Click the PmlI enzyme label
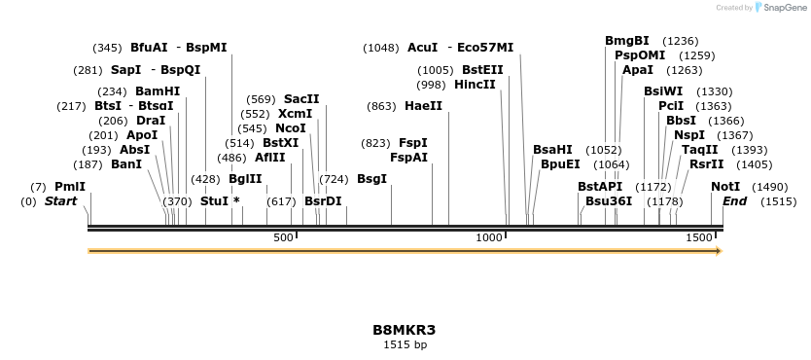[x=70, y=186]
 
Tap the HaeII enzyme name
[x=423, y=106]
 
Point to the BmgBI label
[x=627, y=41]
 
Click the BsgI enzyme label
[x=371, y=179]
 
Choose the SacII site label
[x=301, y=99]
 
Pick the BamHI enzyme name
[x=159, y=91]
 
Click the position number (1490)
[x=770, y=186]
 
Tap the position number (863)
[x=381, y=106]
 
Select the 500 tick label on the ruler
[x=283, y=238]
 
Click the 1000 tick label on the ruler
[x=489, y=238]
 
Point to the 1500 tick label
[x=698, y=238]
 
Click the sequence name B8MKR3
[x=405, y=330]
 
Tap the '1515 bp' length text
[x=405, y=344]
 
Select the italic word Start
[x=61, y=201]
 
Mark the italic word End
[x=735, y=201]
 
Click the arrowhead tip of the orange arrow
[x=721, y=251]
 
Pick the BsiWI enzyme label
[x=663, y=91]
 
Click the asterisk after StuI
[x=236, y=201]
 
